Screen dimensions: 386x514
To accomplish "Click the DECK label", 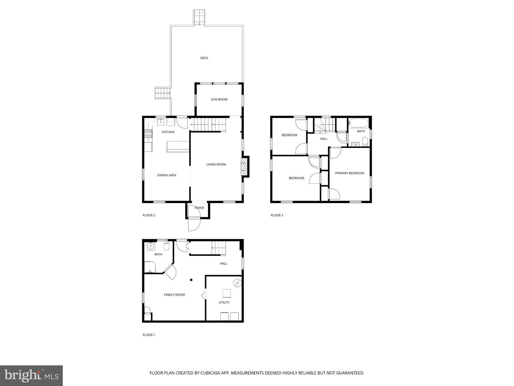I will point(204,58).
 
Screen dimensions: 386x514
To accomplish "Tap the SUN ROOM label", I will point(219,99).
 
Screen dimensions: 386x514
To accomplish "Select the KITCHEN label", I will point(168,132).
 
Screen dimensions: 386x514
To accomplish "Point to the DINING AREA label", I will point(167,175).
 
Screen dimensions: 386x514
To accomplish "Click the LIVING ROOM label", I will point(216,164).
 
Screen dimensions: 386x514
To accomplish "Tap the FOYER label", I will point(199,208).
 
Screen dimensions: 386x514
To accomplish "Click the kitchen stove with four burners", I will point(148,134).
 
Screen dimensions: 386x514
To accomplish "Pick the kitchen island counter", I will point(177,147).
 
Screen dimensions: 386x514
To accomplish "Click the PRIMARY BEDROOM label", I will point(349,173).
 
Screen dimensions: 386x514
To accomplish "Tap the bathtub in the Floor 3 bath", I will point(358,123).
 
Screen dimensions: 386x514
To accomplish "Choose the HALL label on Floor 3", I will point(324,139).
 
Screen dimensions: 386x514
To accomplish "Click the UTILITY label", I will point(224,302).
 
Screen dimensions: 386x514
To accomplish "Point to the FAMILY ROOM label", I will point(174,295).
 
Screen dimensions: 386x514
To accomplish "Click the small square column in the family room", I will point(191,280).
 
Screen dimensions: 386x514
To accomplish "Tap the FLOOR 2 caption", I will point(149,215).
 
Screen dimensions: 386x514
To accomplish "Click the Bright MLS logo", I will point(31,376).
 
